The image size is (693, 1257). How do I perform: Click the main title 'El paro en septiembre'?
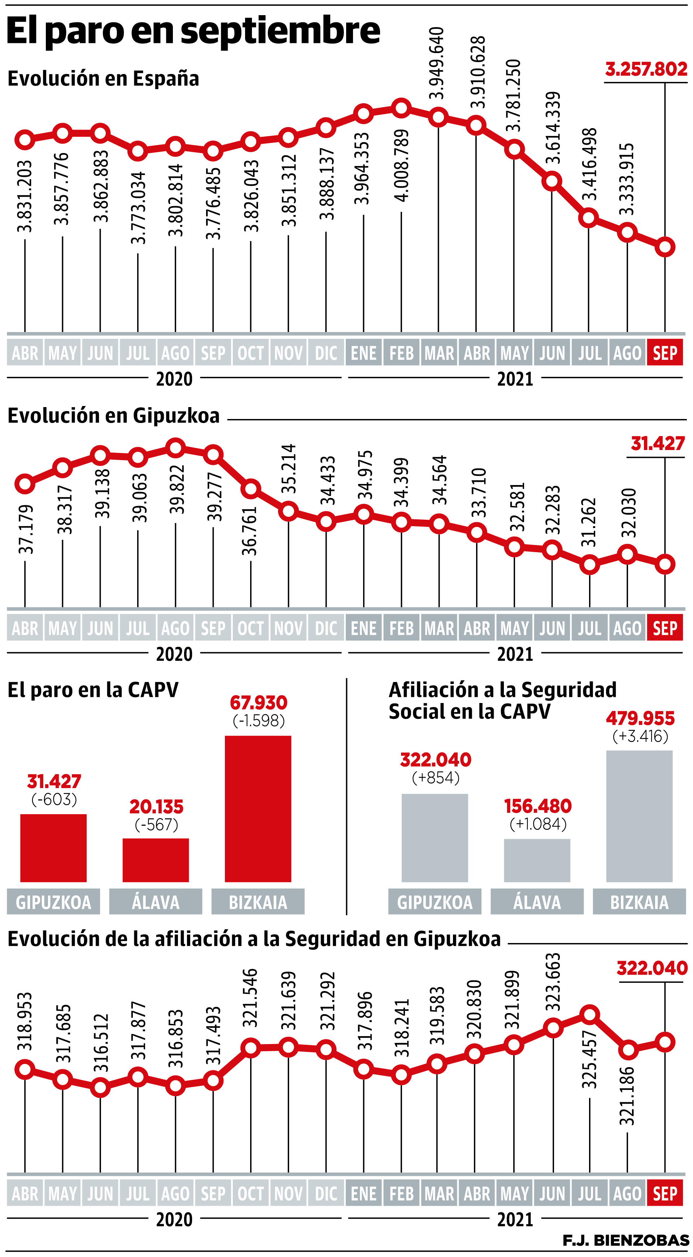(x=193, y=31)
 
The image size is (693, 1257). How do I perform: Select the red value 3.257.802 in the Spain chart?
(x=646, y=69)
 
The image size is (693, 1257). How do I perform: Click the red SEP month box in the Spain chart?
(x=665, y=353)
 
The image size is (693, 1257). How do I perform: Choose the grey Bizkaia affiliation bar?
(x=639, y=816)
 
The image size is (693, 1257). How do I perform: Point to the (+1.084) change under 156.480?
(x=538, y=824)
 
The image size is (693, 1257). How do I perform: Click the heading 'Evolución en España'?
(x=104, y=79)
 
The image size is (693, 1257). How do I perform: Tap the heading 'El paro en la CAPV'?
(x=93, y=690)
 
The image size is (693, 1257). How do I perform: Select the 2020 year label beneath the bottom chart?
(x=174, y=1220)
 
